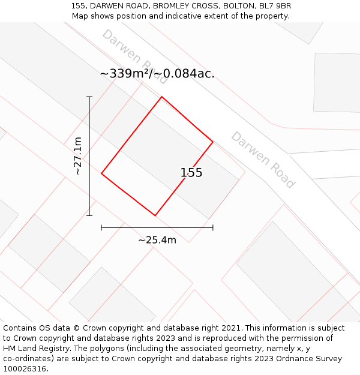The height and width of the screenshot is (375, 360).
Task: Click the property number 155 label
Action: pyautogui.click(x=191, y=173)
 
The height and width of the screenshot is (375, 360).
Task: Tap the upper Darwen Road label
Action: pyautogui.click(x=134, y=56)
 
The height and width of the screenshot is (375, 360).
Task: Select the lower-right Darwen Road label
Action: pyautogui.click(x=263, y=160)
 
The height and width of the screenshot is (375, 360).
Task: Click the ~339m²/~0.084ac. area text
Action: pyautogui.click(x=157, y=74)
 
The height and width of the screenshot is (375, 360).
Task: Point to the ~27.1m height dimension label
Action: pyautogui.click(x=77, y=155)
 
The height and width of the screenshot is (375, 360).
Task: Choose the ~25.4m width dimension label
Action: pyautogui.click(x=157, y=240)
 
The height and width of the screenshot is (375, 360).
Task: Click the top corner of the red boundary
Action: pyautogui.click(x=161, y=97)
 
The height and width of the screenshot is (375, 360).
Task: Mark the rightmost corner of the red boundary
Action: pyautogui.click(x=213, y=142)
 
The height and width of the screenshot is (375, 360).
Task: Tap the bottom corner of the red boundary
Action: pyautogui.click(x=155, y=215)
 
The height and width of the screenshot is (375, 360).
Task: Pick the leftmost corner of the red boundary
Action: pyautogui.click(x=101, y=173)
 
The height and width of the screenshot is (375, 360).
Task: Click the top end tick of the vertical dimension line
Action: pyautogui.click(x=89, y=97)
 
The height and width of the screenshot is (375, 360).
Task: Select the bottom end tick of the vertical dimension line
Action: pyautogui.click(x=89, y=215)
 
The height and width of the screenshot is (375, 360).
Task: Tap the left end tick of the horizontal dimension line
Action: pyautogui.click(x=101, y=227)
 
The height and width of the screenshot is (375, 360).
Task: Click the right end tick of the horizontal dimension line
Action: pyautogui.click(x=213, y=227)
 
